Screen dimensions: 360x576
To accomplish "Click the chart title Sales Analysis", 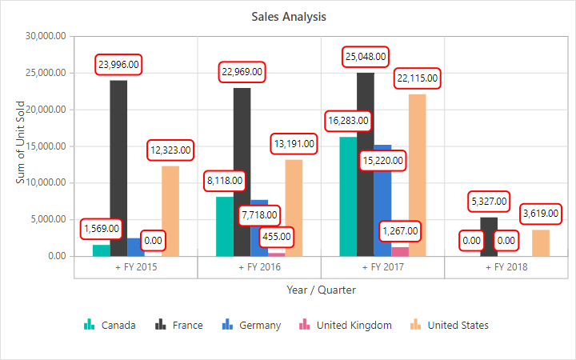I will tap(289, 17).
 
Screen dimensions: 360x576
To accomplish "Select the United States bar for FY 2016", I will tap(294, 208).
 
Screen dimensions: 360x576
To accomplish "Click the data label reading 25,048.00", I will tap(366, 57).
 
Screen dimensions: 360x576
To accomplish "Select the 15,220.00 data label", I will tap(382, 161).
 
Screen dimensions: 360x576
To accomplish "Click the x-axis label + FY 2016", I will tap(259, 267).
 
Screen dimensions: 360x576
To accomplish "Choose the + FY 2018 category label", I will tap(506, 267).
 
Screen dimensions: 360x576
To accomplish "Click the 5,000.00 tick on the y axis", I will tap(48, 220).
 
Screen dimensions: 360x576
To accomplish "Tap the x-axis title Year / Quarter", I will tap(322, 290).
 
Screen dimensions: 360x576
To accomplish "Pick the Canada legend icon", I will tap(89, 325).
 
